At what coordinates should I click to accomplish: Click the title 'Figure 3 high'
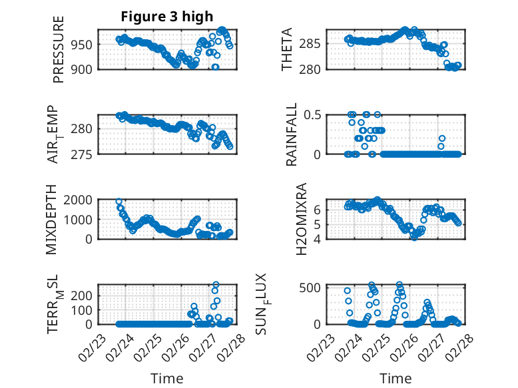pyautogui.click(x=167, y=17)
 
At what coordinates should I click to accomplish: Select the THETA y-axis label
pyautogui.click(x=287, y=49)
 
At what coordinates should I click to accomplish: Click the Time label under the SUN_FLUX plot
pyautogui.click(x=395, y=378)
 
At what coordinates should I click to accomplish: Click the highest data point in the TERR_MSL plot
pyautogui.click(x=216, y=285)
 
